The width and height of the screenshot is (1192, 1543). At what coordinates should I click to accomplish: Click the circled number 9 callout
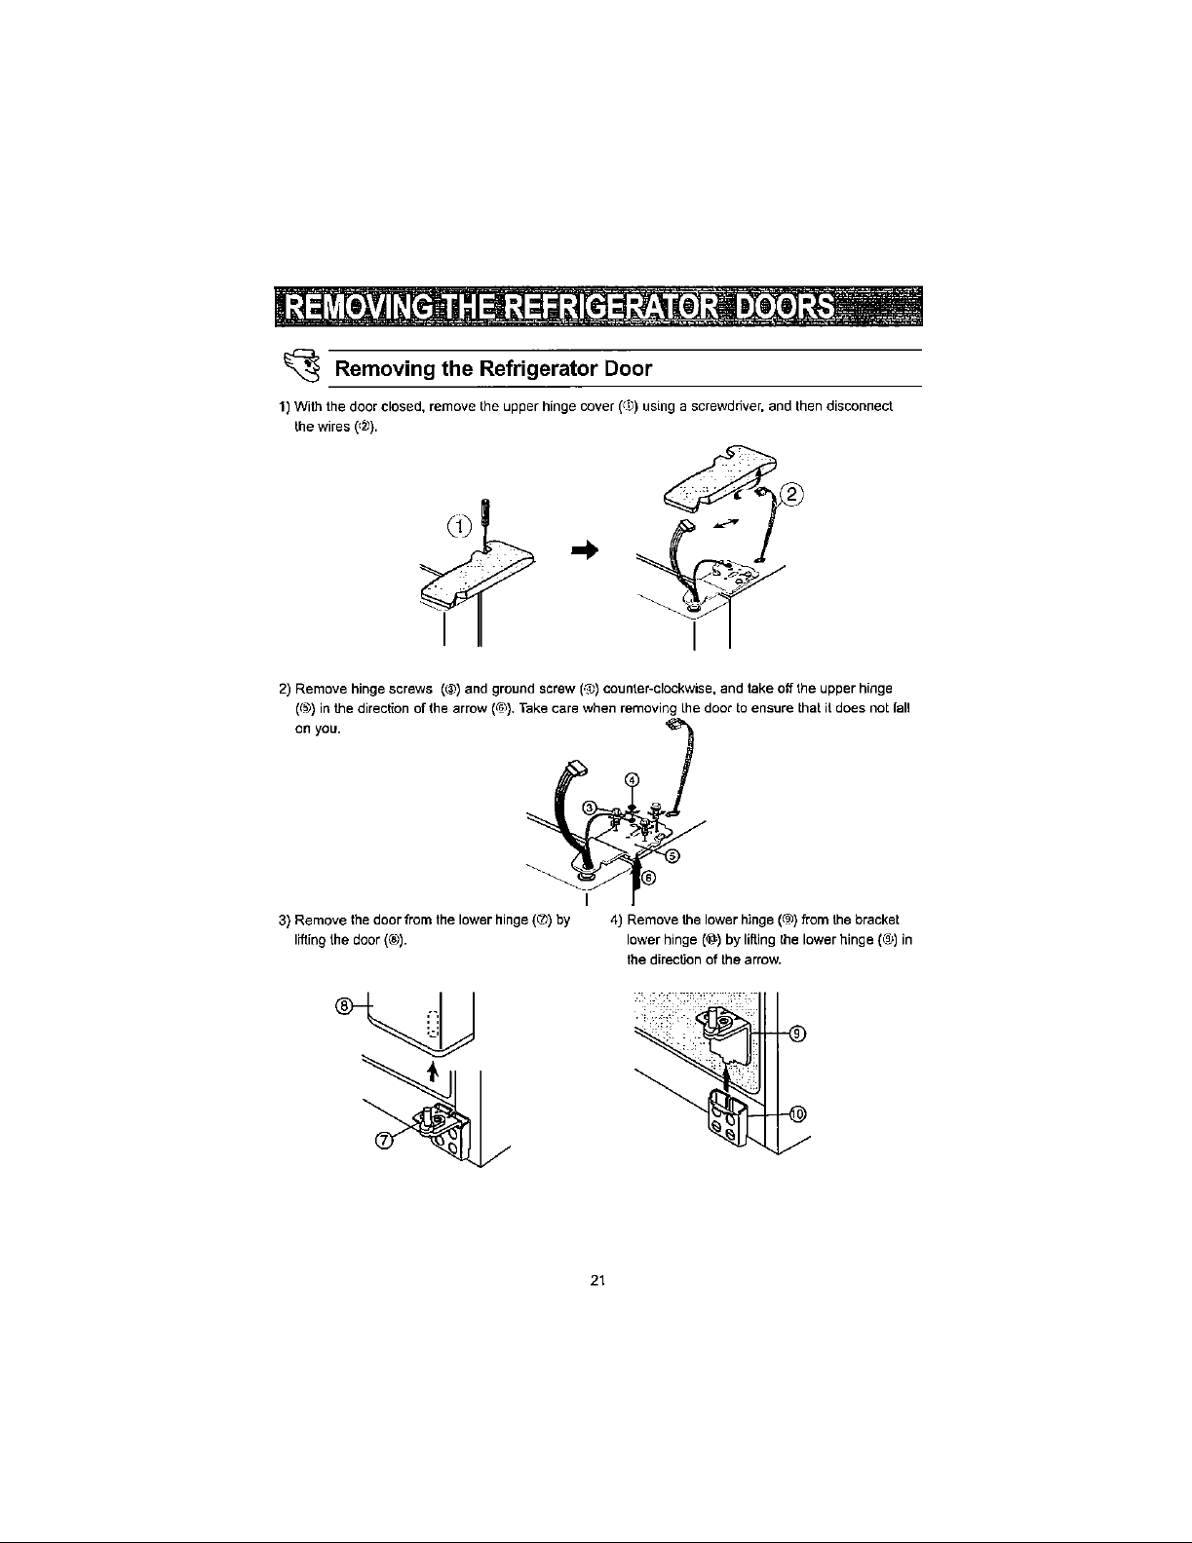point(795,1035)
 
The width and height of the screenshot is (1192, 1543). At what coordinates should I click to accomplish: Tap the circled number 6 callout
point(650,875)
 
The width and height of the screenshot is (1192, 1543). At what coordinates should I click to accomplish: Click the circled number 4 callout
point(632,779)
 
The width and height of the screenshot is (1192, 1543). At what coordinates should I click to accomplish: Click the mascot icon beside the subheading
point(305,367)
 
